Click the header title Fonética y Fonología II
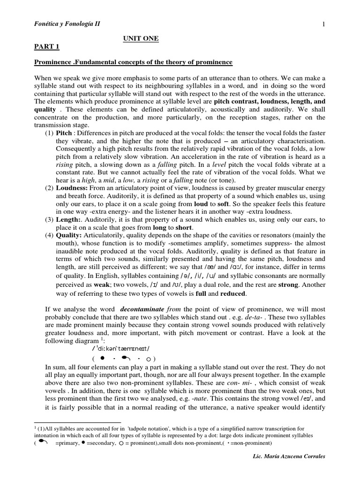click(67, 24)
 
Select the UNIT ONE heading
click(141, 39)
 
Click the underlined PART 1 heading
click(47, 47)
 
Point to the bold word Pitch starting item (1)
click(64, 133)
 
